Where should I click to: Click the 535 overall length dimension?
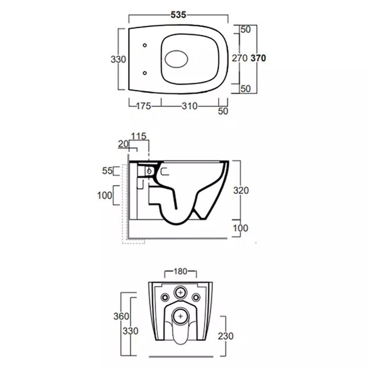pos(178,15)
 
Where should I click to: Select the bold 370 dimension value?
pos(258,58)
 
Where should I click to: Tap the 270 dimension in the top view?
pos(240,58)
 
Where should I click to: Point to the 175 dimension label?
pos(144,106)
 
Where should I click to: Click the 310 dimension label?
pos(190,106)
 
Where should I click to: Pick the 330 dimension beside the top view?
pos(118,59)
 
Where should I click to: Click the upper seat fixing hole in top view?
pos(145,45)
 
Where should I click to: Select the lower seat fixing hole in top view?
pos(145,73)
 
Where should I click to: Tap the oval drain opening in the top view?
pos(177,59)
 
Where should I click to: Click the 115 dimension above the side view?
pos(138,136)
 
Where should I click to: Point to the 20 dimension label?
pos(123,144)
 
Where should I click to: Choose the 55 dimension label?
pos(107,171)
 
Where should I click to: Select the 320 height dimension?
pos(241,190)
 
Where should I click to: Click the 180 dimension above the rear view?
pos(180,271)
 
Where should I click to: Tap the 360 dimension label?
pos(121,316)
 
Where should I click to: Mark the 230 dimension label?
pos(226,336)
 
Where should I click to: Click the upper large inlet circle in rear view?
pos(180,292)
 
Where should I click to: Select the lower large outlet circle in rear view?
pos(180,316)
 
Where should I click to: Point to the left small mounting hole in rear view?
pos(165,298)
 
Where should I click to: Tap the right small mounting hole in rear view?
pos(196,298)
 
